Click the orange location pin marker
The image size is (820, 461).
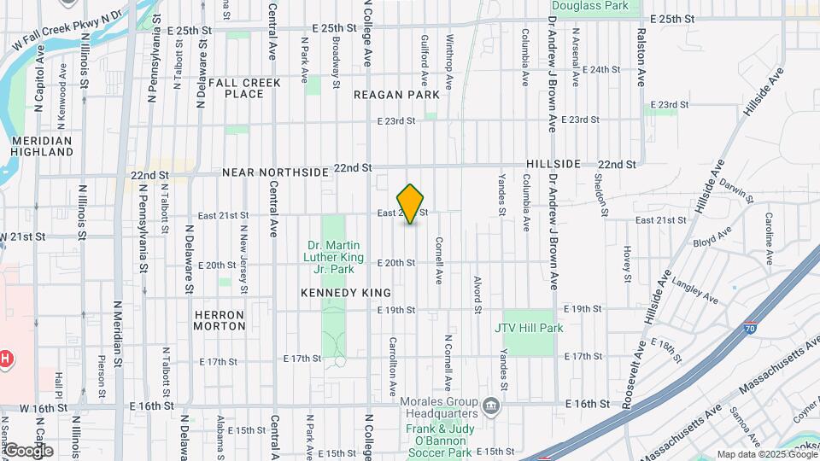point(411,204)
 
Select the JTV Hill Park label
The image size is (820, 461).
point(529,327)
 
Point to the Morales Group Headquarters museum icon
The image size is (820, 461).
point(490,405)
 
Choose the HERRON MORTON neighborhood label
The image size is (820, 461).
point(220,320)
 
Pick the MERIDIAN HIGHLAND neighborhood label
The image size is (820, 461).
point(42,146)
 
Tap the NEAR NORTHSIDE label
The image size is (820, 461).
point(275,172)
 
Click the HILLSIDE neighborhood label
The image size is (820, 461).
point(553,163)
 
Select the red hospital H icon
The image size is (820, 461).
point(5,359)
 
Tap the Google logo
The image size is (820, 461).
point(29,450)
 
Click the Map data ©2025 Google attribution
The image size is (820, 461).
point(766,454)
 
